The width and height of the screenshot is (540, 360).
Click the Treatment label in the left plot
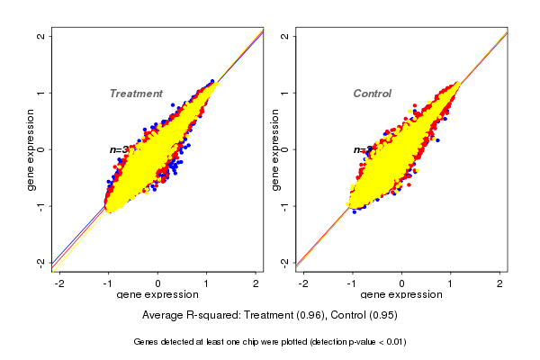coord(136,94)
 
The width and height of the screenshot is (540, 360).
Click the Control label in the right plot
coord(372,94)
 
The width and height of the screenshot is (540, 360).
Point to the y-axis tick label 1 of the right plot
coord(285,93)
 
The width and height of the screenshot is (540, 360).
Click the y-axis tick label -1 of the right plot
coord(285,206)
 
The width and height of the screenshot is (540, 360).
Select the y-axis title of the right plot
coord(274,149)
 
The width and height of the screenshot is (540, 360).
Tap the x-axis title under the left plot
coord(158,295)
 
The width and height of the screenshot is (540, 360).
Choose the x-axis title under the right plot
coord(402,295)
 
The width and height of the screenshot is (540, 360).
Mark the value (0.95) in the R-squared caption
coord(382,316)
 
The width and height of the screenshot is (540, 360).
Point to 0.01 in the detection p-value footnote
coord(392,342)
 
